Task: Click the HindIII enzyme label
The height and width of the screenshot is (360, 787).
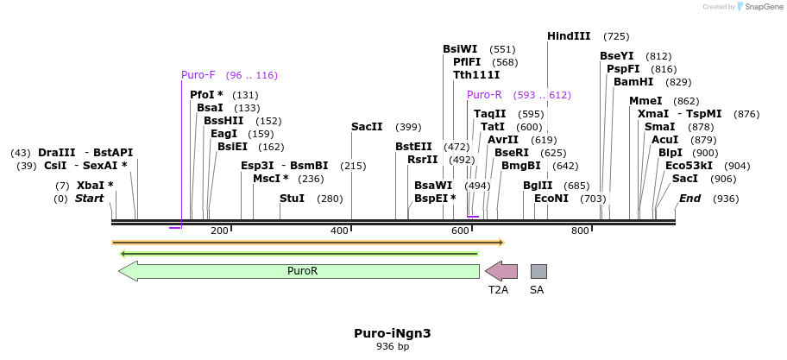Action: click(569, 36)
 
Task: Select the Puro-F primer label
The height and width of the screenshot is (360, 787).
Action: click(198, 75)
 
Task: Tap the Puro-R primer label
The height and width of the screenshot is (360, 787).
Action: click(484, 95)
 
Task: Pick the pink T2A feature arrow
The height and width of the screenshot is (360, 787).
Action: click(501, 271)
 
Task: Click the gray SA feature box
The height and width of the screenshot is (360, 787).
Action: click(538, 271)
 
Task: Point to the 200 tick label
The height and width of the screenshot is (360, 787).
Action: click(219, 231)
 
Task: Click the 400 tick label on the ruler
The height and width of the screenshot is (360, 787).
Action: click(339, 231)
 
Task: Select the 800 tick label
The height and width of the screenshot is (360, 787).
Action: click(580, 231)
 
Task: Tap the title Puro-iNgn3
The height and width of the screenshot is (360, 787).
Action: click(392, 333)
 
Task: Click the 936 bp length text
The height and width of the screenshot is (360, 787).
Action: click(392, 346)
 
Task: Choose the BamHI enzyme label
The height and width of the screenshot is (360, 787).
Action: click(633, 82)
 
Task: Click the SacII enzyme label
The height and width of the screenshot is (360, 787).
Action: click(367, 127)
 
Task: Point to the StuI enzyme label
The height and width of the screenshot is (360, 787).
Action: click(292, 199)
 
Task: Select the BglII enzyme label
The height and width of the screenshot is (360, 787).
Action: click(538, 186)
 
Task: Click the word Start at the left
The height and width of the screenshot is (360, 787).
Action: click(89, 199)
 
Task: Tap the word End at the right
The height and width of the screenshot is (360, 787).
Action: click(690, 199)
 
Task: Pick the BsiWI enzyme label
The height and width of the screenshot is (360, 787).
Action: click(460, 49)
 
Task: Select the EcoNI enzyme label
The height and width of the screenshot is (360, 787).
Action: click(551, 199)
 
